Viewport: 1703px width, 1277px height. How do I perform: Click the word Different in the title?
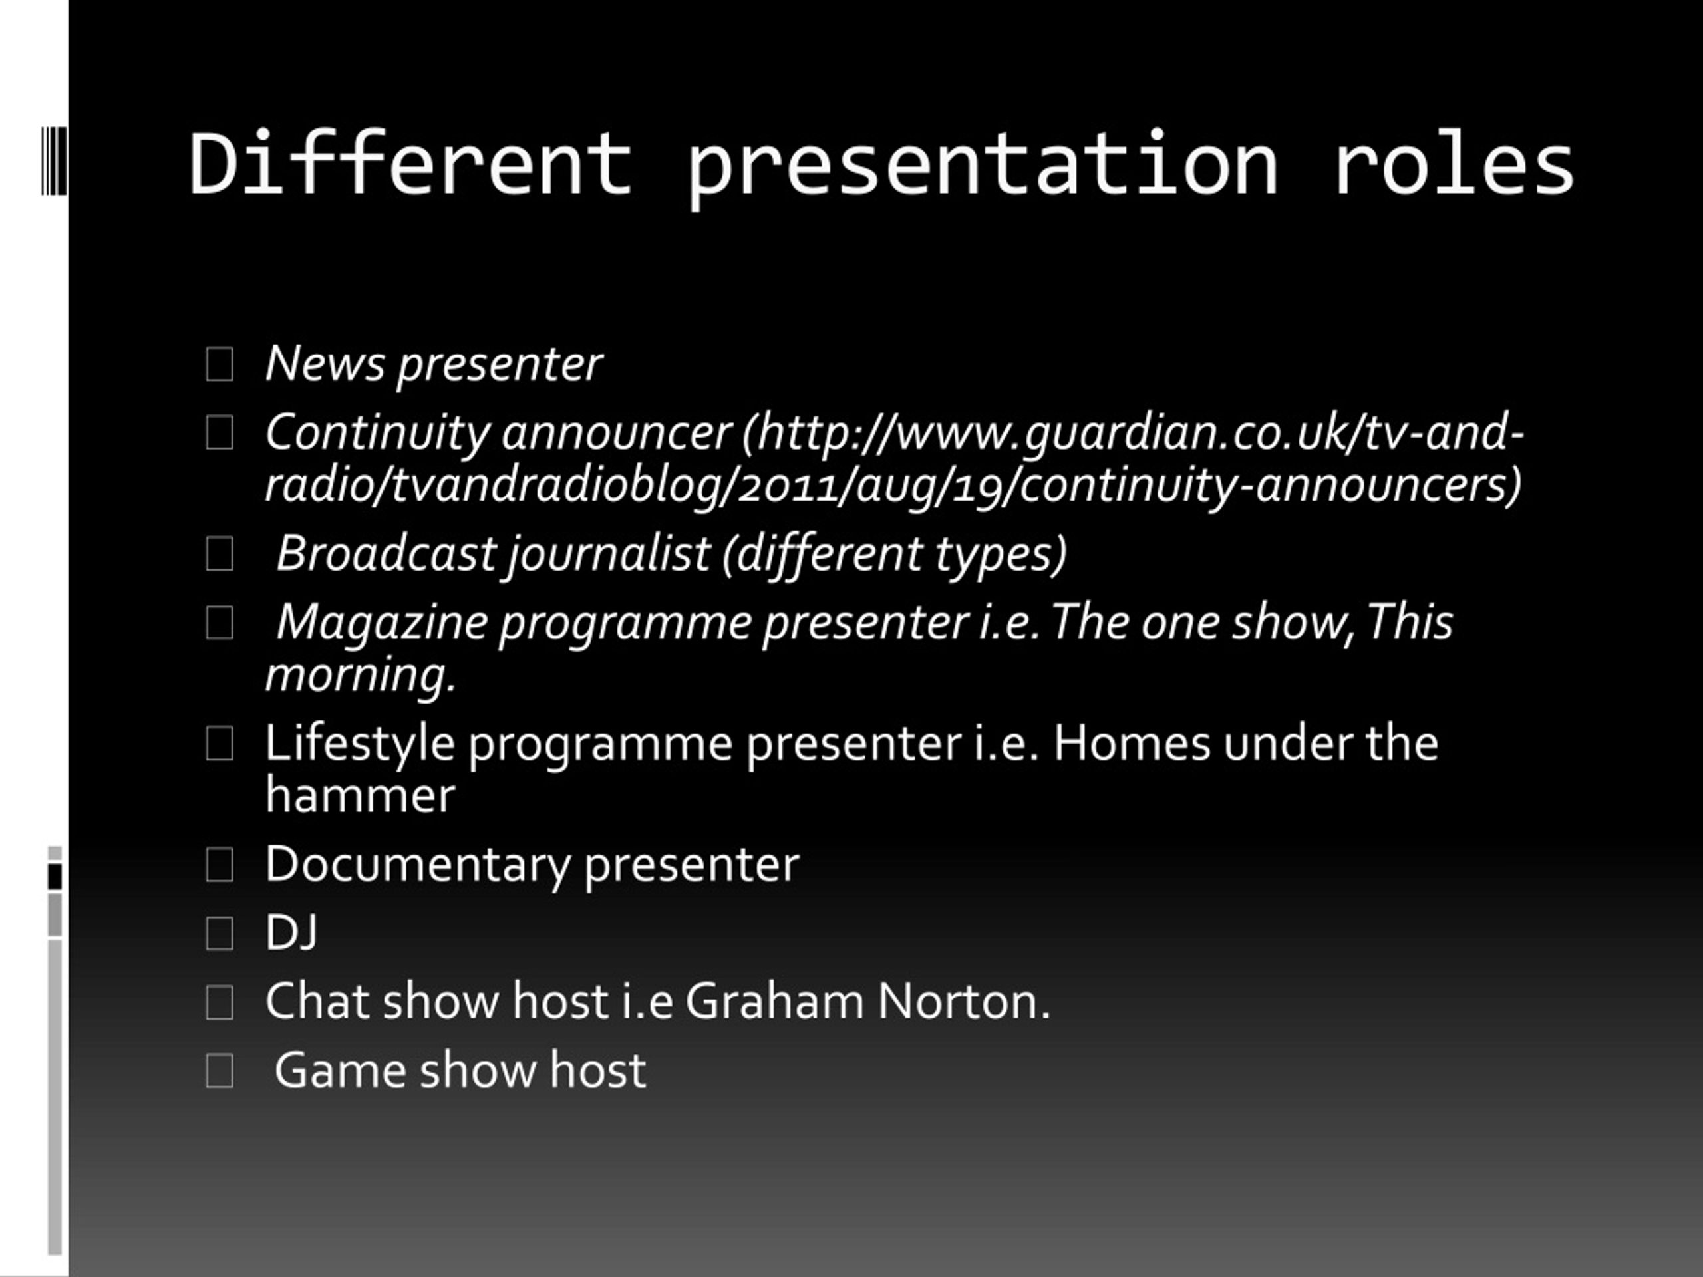click(410, 165)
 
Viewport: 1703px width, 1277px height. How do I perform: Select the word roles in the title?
click(1454, 165)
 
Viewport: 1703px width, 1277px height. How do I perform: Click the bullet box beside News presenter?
click(220, 364)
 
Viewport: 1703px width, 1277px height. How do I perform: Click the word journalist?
click(608, 554)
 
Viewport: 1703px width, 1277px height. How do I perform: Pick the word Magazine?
click(382, 622)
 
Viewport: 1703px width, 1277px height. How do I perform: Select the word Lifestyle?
click(359, 744)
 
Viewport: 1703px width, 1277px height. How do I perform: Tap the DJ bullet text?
click(291, 933)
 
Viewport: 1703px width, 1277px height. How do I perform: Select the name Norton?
click(963, 1002)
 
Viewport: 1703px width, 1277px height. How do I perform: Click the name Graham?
click(774, 1002)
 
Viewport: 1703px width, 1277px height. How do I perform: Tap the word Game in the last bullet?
click(339, 1071)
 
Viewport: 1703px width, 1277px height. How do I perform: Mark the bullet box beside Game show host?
click(220, 1071)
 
